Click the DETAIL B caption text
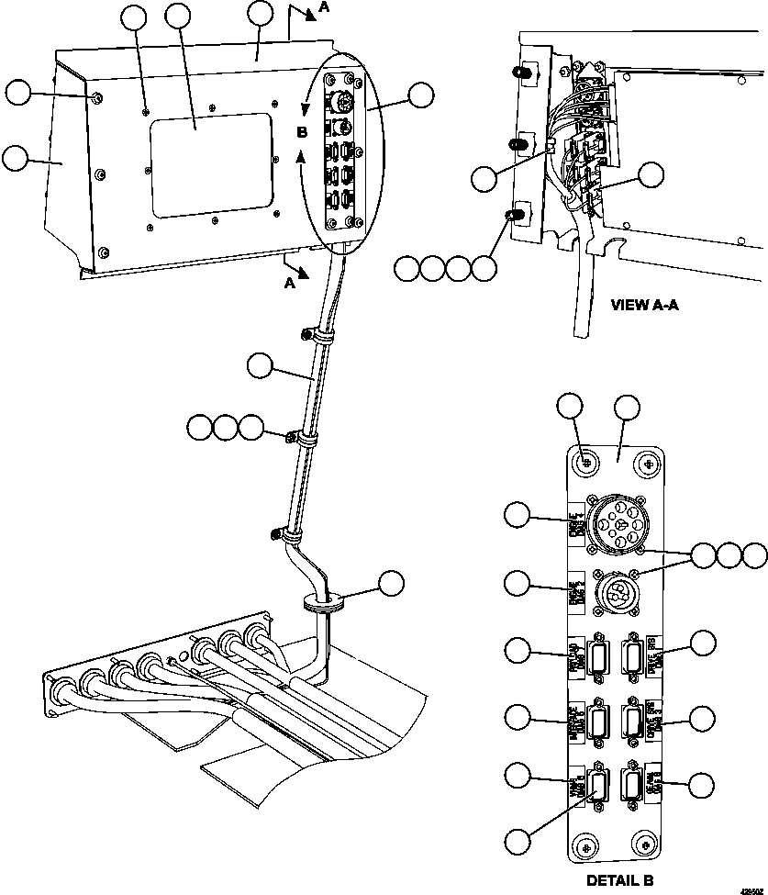(619, 880)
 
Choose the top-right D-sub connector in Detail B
(631, 658)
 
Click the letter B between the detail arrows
(301, 132)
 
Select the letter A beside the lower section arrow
(289, 284)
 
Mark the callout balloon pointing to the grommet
(392, 583)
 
